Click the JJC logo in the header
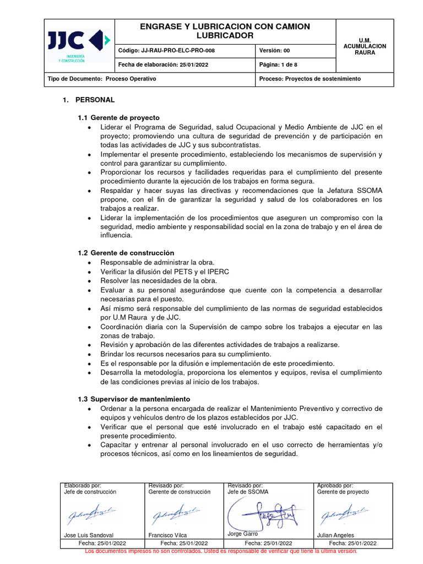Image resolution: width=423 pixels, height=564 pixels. (79, 45)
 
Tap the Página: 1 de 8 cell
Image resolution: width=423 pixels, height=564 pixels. (278, 65)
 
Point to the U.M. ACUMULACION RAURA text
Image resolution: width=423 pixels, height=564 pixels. (365, 46)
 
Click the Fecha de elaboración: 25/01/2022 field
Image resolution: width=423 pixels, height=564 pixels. (163, 65)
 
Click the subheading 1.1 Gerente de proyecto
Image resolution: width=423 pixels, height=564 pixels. (118, 118)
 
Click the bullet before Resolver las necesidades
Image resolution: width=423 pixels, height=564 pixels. (90, 281)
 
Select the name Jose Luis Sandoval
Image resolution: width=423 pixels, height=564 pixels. (90, 535)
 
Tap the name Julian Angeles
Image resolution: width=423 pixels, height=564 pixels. (335, 535)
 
